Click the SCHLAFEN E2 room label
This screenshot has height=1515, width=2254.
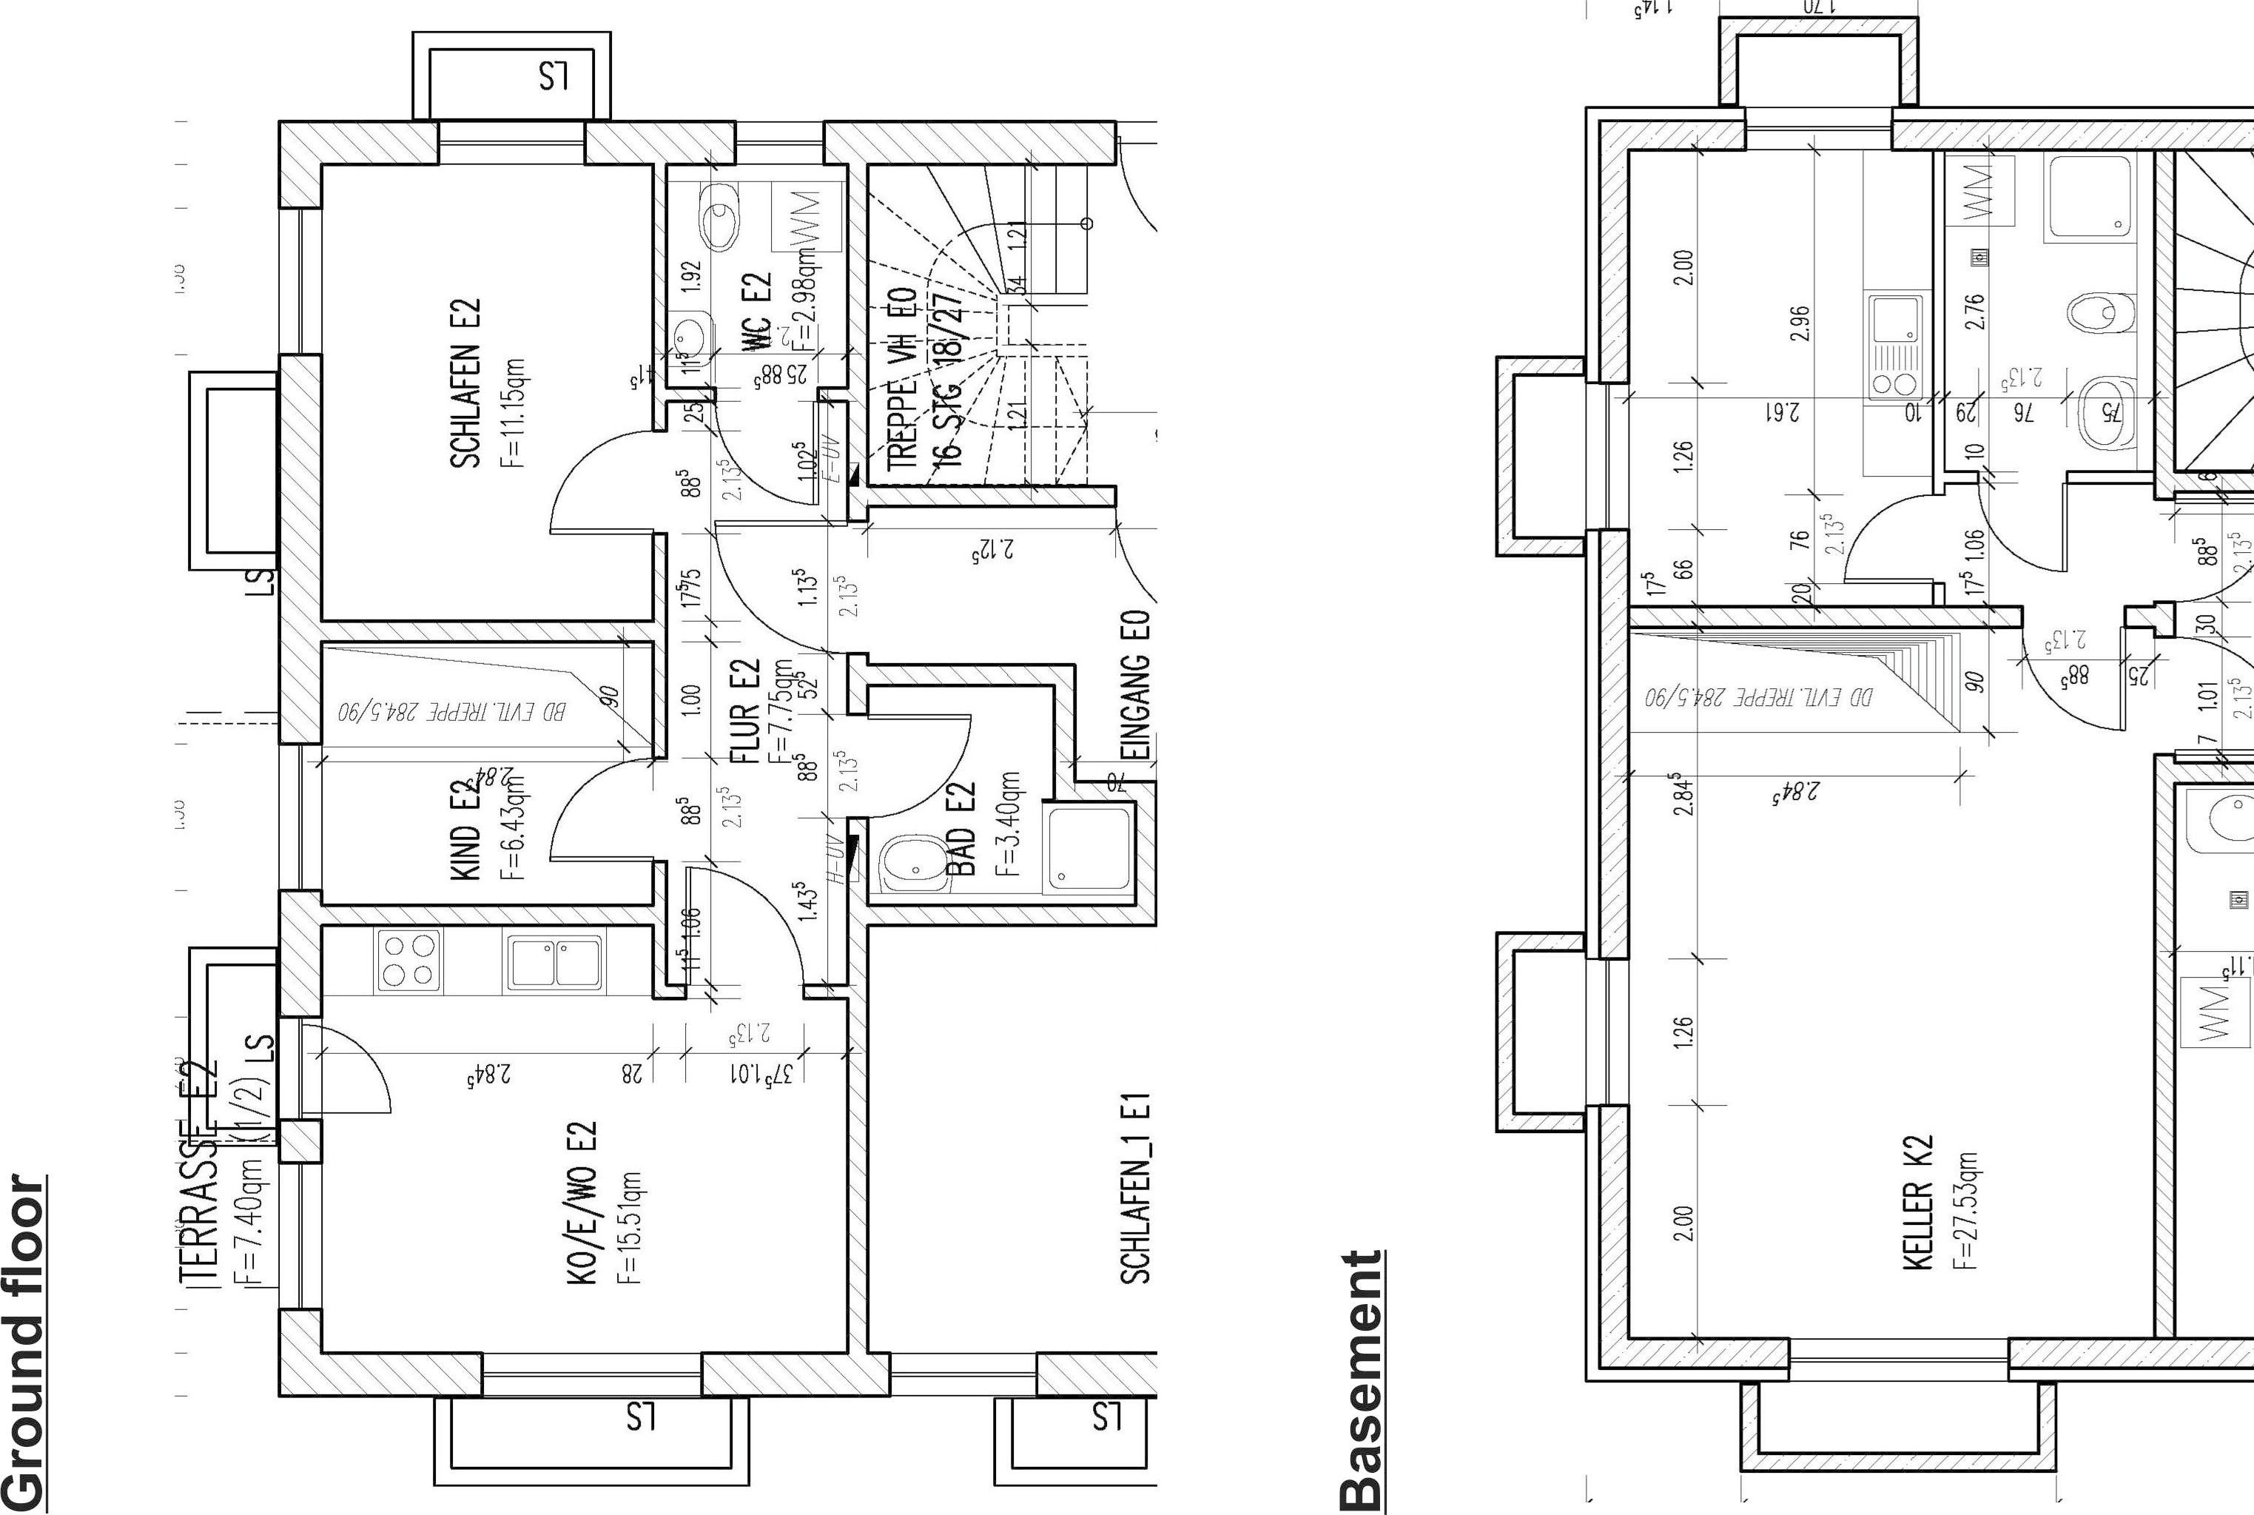(465, 383)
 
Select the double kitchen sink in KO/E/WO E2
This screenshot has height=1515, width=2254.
(554, 961)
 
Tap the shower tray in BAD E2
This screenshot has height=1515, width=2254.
(1089, 847)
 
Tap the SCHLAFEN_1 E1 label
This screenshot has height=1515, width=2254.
(1136, 1189)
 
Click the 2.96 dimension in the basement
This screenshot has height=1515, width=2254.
(1799, 323)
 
